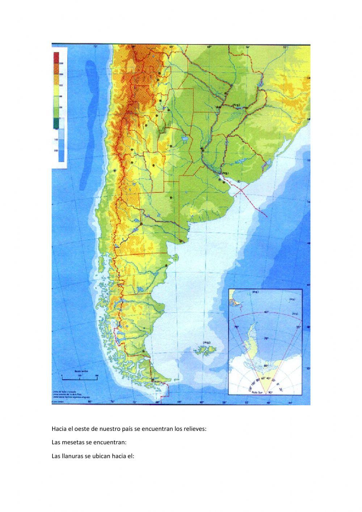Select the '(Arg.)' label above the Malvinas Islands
[x=207, y=342]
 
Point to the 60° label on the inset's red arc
[x=266, y=312]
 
